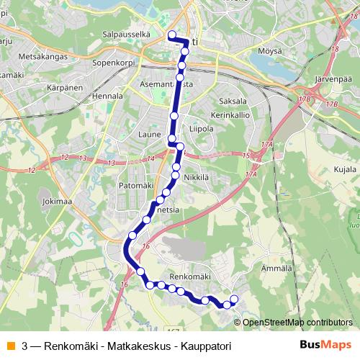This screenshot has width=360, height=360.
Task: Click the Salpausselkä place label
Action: [127, 34]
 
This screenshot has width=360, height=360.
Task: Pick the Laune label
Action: [148, 134]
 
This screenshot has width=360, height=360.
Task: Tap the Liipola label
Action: [201, 129]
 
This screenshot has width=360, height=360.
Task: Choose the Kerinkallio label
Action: [229, 115]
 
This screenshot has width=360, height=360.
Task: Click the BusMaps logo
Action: [325, 345]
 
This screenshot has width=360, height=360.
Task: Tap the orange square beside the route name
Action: [10, 346]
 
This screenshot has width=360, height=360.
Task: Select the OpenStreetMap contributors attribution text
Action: [297, 322]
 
